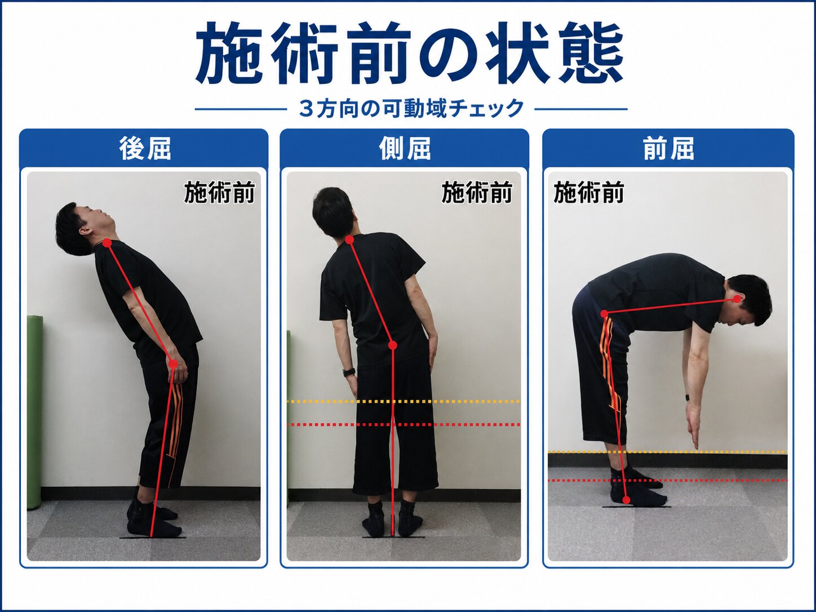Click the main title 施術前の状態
click(409, 52)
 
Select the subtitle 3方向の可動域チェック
click(411, 109)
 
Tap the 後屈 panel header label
click(145, 148)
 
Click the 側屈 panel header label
click(405, 148)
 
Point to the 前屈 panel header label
click(668, 148)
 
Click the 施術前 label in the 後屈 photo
click(219, 193)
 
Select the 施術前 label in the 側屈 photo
click(477, 193)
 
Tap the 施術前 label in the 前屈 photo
click(588, 193)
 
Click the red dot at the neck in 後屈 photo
click(107, 243)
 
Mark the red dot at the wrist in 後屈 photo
click(173, 364)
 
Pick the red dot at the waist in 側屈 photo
click(393, 345)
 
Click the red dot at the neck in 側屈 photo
click(349, 240)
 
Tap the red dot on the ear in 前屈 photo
click(737, 299)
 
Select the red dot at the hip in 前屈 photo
click(605, 314)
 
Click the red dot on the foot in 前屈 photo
click(627, 500)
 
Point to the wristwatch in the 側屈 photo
click(349, 372)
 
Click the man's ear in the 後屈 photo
click(86, 230)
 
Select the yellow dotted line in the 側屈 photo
click(403, 401)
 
